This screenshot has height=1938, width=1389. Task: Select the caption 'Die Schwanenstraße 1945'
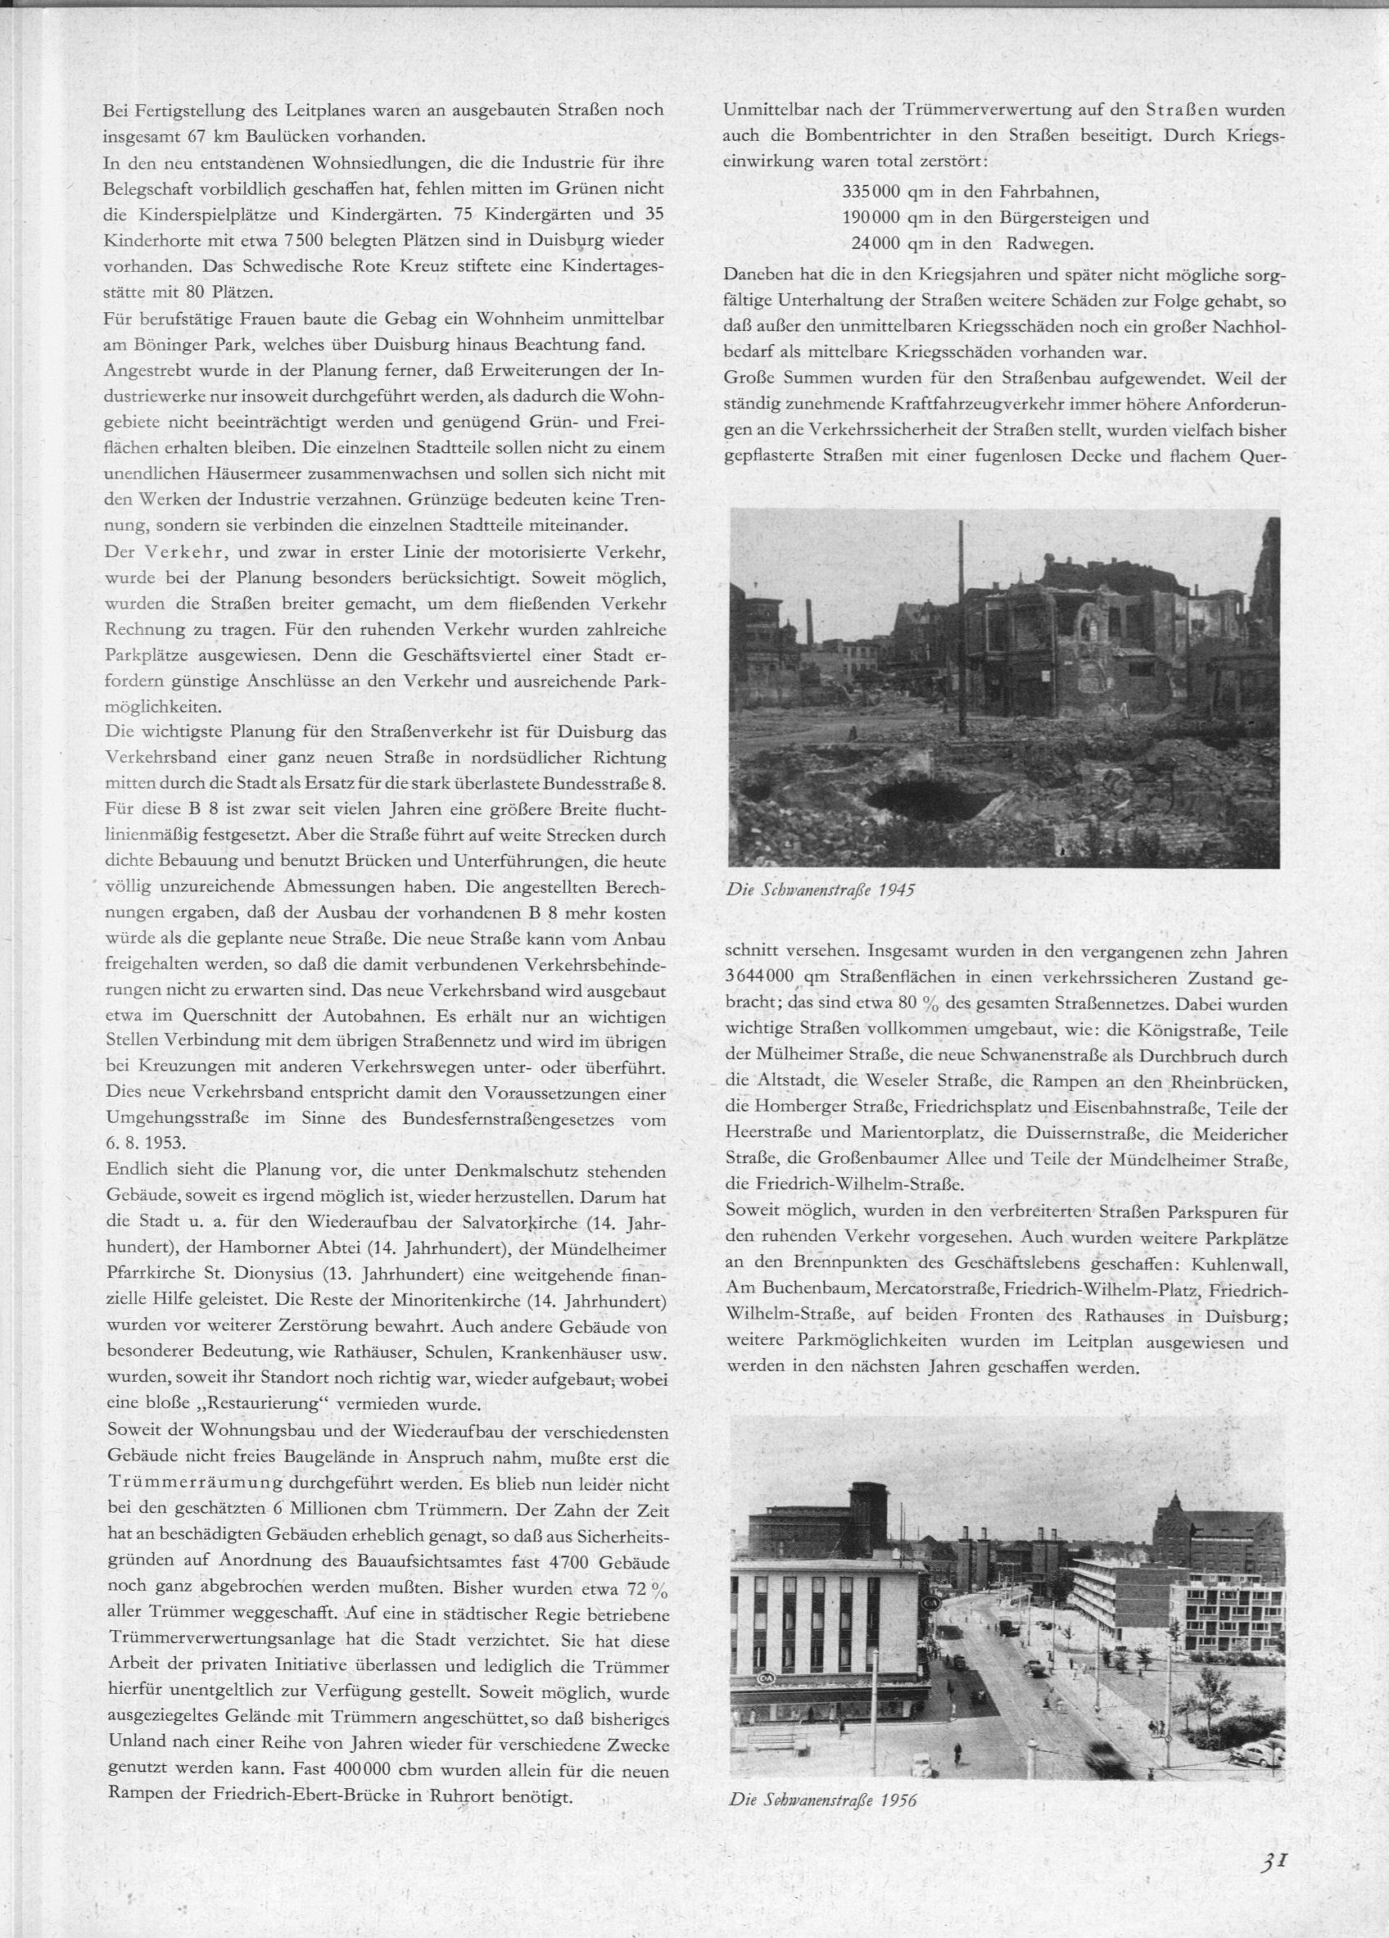tap(820, 890)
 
